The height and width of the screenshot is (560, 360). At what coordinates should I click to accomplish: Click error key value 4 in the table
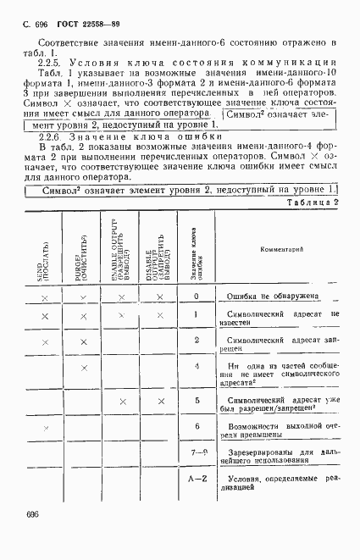[x=196, y=367]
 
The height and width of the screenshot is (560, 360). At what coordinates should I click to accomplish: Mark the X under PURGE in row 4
[x=83, y=367]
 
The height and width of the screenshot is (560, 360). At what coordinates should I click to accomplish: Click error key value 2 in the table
[x=196, y=340]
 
